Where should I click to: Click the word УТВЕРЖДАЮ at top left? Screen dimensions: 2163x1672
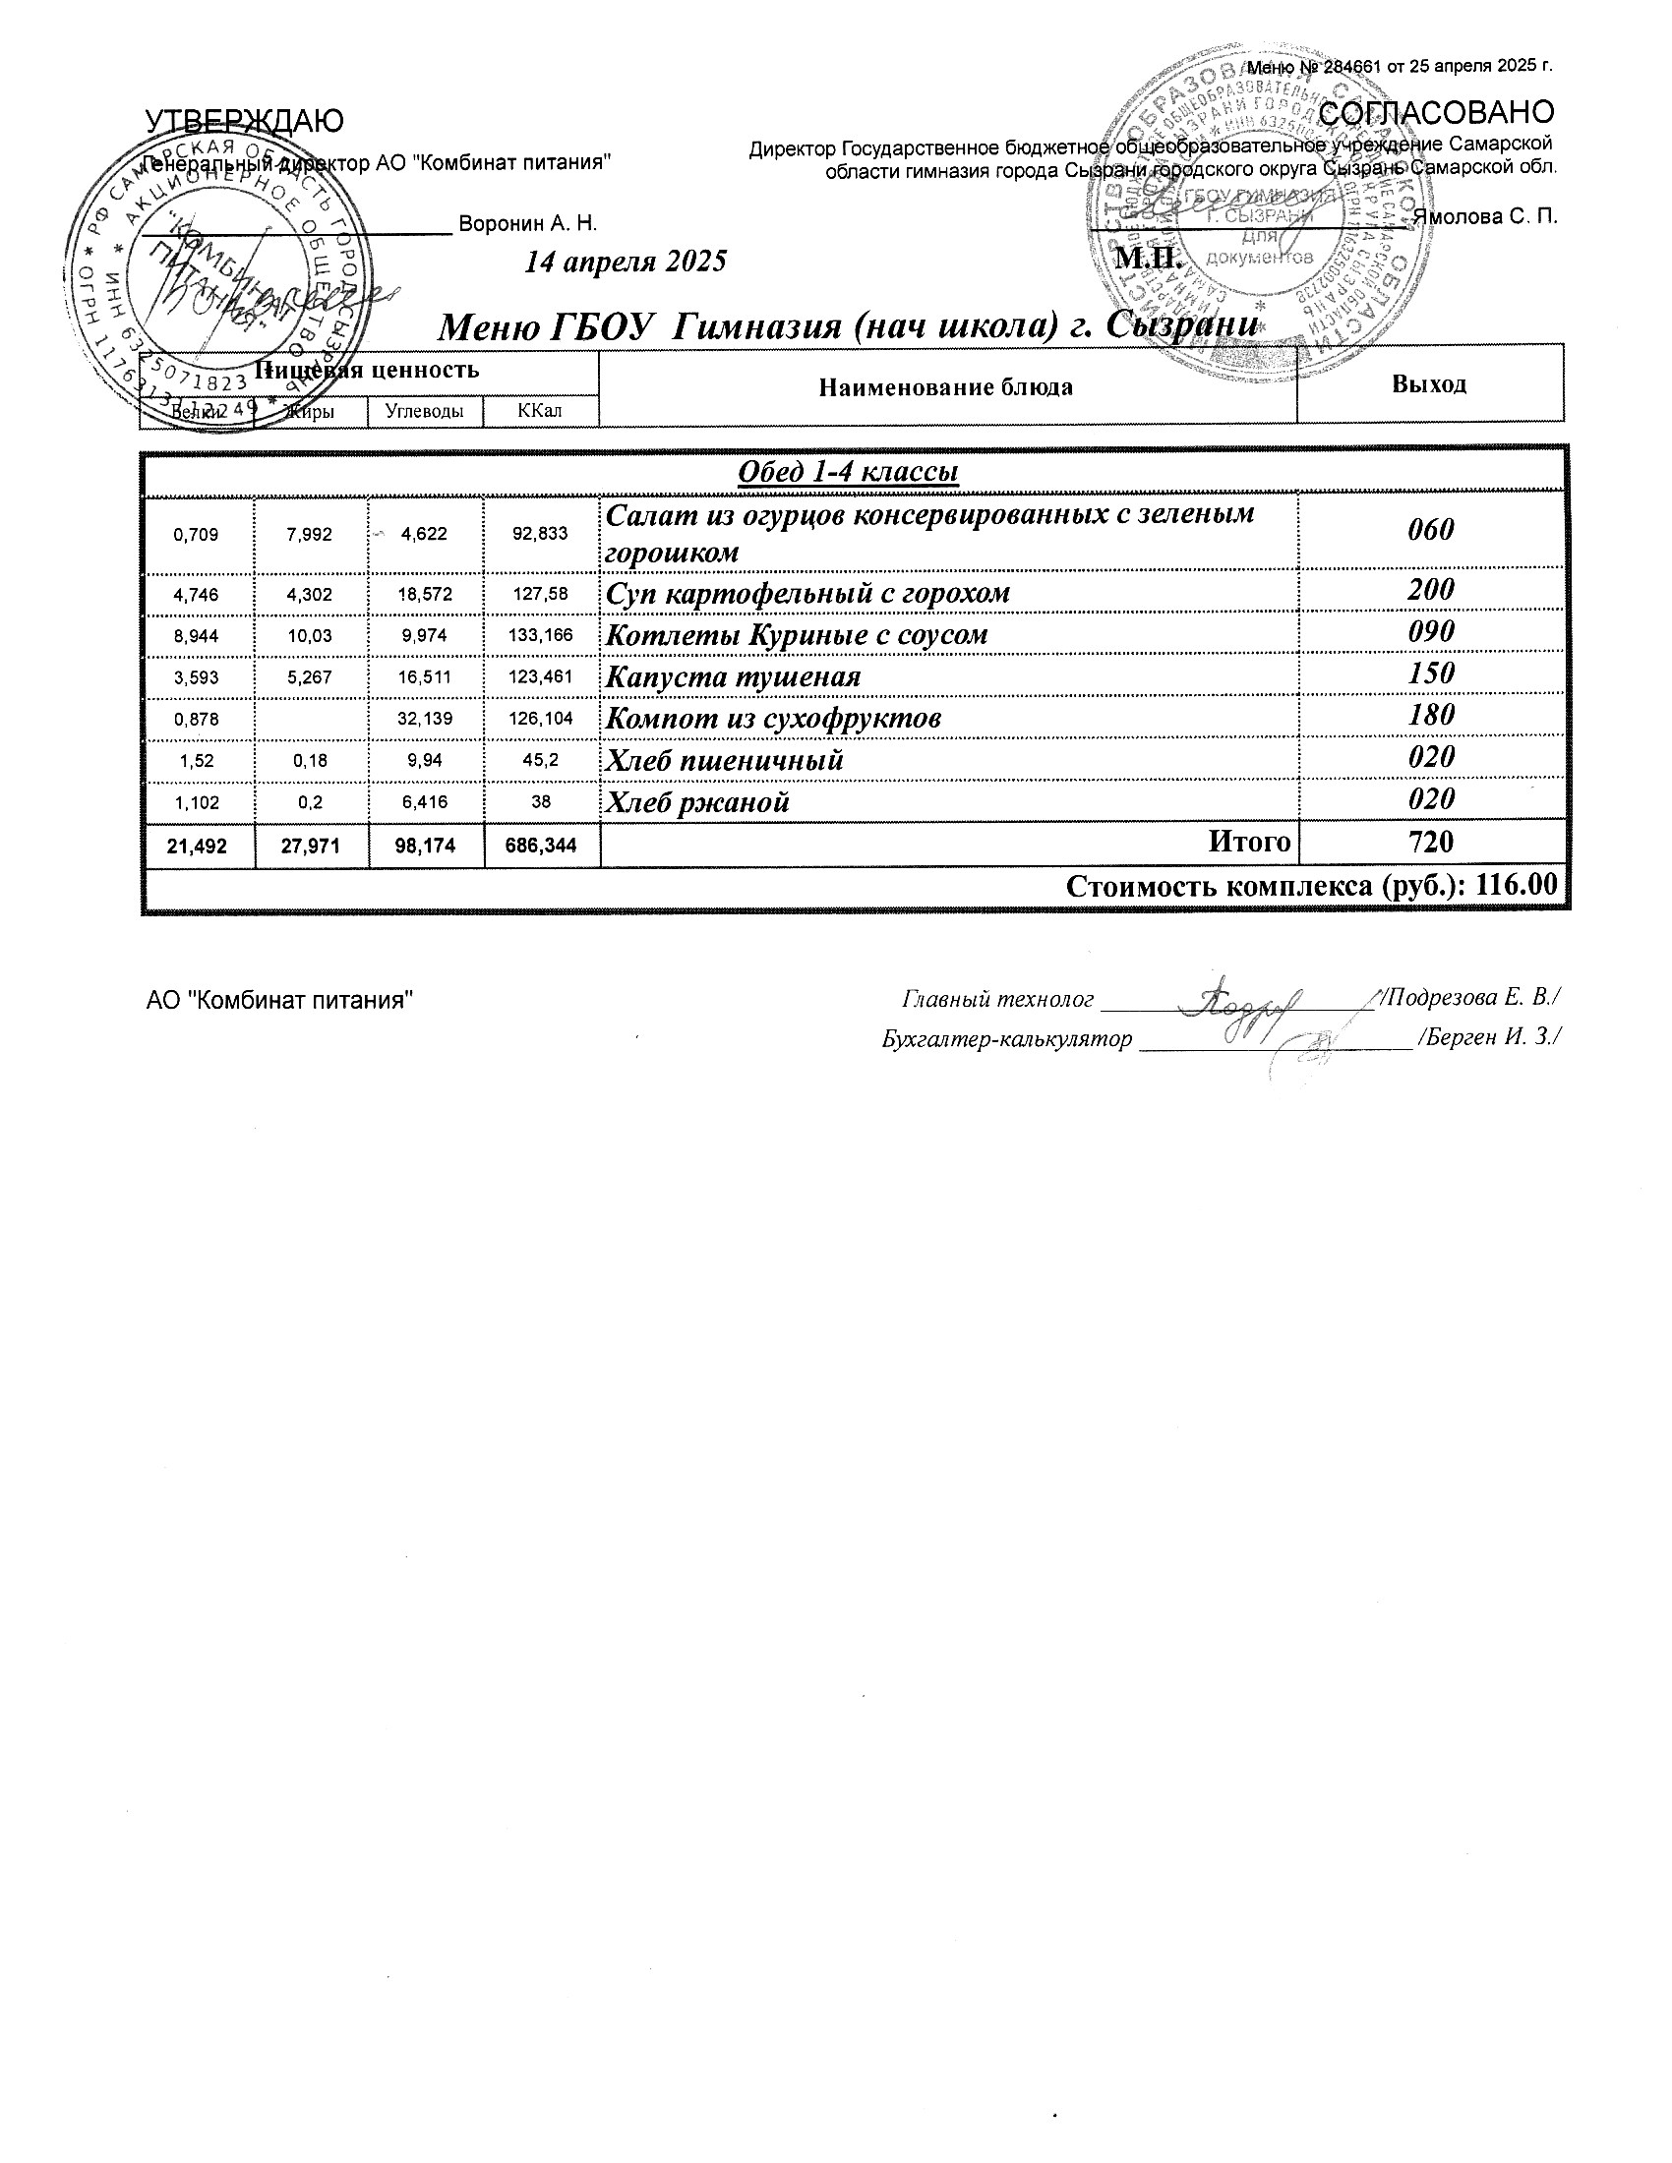click(x=245, y=121)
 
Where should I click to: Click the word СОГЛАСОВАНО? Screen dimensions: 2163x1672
click(x=1436, y=112)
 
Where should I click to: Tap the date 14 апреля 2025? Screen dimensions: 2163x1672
click(x=625, y=262)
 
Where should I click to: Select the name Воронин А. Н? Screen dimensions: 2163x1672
click(x=528, y=224)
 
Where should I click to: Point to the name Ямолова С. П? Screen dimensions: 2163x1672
click(x=1485, y=217)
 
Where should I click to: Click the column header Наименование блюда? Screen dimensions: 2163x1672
click(x=946, y=387)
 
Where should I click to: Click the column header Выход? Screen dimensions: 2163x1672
click(x=1428, y=384)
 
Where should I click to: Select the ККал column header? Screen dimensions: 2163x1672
click(x=540, y=410)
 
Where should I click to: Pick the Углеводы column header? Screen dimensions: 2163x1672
click(x=424, y=411)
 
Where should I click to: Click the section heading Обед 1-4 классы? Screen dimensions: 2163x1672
click(x=849, y=471)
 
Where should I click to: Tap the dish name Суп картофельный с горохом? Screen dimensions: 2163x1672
click(x=807, y=593)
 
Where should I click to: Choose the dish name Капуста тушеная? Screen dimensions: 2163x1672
click(x=733, y=677)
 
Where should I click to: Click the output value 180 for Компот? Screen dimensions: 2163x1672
click(x=1430, y=715)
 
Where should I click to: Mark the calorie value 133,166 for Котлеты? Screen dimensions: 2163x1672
click(x=541, y=635)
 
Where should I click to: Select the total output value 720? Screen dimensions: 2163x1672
click(x=1430, y=842)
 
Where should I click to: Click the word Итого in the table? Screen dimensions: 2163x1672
click(x=1249, y=842)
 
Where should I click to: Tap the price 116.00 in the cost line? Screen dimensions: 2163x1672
click(x=1516, y=886)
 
